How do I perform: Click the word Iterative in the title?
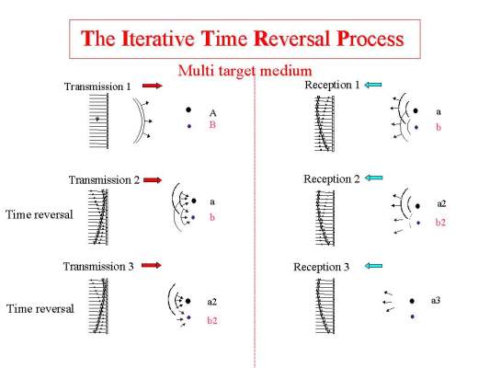(158, 39)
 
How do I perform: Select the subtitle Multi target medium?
(245, 71)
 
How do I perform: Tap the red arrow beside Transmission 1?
(153, 86)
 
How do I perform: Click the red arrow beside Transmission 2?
(153, 179)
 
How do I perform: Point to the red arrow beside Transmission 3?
(152, 265)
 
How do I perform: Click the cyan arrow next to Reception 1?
(373, 85)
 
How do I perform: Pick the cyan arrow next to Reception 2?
(373, 178)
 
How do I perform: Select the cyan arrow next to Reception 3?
(373, 266)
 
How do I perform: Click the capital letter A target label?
(212, 113)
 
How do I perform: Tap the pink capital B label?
(212, 125)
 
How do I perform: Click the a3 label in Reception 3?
(436, 301)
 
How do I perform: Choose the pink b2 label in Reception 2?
(440, 223)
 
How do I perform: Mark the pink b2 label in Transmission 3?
(211, 320)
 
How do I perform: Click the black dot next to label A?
(188, 109)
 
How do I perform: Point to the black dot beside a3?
(412, 301)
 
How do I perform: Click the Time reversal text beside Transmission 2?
(39, 214)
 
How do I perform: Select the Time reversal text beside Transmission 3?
(40, 308)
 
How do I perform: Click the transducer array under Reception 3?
(325, 305)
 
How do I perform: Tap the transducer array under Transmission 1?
(98, 122)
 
